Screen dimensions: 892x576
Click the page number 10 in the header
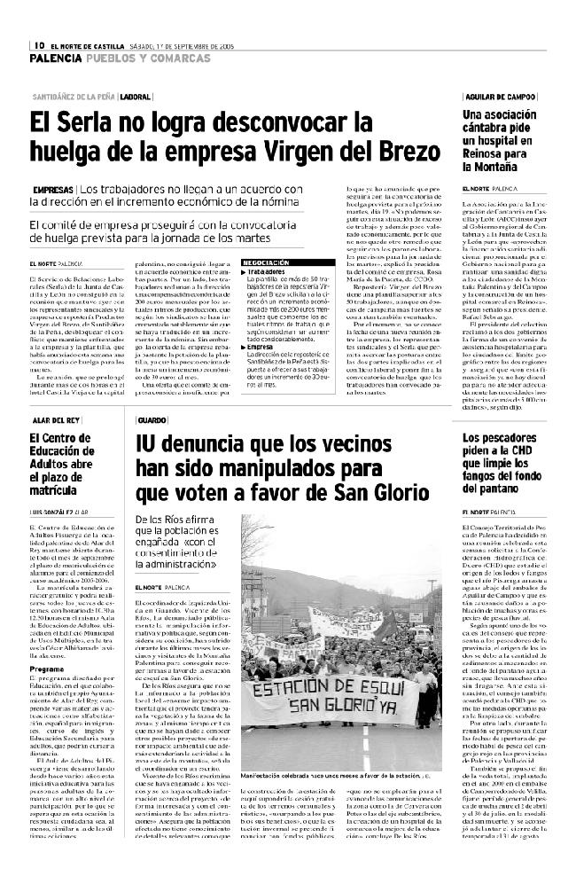pyautogui.click(x=40, y=46)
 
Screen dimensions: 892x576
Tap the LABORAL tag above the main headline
pyautogui.click(x=136, y=95)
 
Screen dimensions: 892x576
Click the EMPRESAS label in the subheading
pyautogui.click(x=53, y=190)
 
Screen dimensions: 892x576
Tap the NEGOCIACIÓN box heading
pyautogui.click(x=266, y=263)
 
